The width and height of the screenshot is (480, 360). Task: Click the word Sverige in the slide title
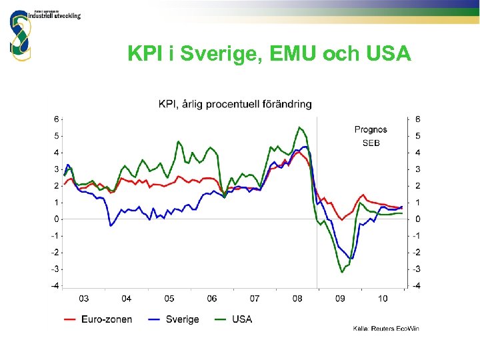point(211,54)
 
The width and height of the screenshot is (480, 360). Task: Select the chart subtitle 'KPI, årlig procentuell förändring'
point(235,103)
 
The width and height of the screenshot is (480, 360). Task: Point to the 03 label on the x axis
point(84,299)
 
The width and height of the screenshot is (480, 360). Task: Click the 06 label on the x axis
point(212,299)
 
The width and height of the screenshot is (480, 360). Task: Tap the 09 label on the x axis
point(339,299)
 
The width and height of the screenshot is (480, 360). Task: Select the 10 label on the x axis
point(382,299)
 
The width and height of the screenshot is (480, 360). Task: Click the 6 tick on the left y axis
point(57,119)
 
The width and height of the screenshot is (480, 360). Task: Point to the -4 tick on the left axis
point(55,285)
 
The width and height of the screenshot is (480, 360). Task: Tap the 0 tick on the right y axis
point(417,219)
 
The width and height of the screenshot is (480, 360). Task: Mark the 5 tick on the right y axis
point(417,135)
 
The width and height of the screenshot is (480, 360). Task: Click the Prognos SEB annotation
point(371,136)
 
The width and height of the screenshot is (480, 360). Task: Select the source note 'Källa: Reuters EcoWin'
point(386,328)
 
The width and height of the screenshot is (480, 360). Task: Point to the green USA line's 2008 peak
point(300,127)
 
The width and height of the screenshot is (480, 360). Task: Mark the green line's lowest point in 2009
point(342,272)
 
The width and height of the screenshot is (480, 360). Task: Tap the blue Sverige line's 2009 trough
point(351,258)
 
